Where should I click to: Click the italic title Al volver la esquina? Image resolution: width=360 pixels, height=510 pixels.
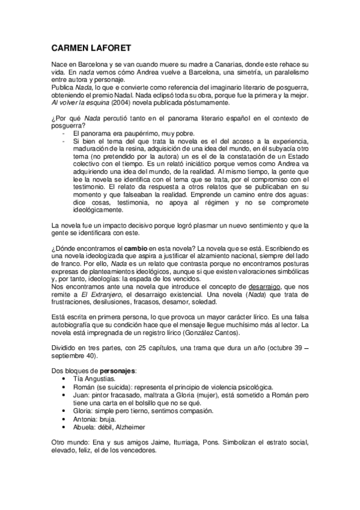point(78,102)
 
